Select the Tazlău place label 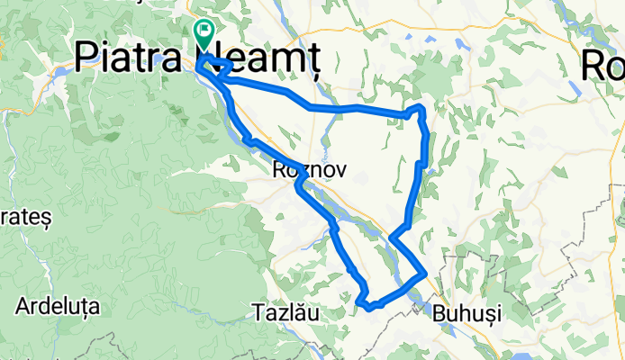point(282,313)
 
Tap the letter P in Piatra point(86,58)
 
